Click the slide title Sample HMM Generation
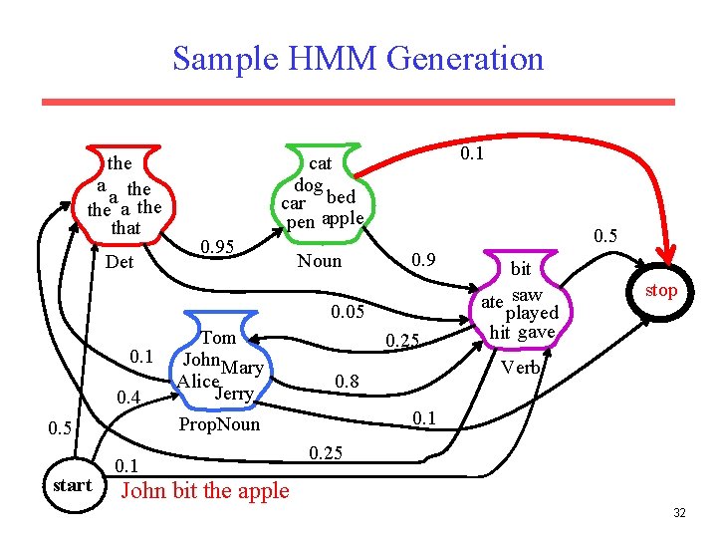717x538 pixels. pyautogui.click(x=358, y=58)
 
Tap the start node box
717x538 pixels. pyautogui.click(x=72, y=485)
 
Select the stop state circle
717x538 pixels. pyautogui.click(x=660, y=291)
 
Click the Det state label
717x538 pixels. pyautogui.click(x=119, y=263)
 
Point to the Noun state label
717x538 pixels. pyautogui.click(x=319, y=261)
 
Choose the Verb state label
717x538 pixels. pyautogui.click(x=520, y=368)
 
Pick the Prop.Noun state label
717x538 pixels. pyautogui.click(x=219, y=424)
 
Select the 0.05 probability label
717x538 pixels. pyautogui.click(x=350, y=314)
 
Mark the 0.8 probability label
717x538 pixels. pyautogui.click(x=347, y=382)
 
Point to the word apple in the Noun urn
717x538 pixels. pyautogui.click(x=343, y=219)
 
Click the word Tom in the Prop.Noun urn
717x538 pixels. pyautogui.click(x=219, y=339)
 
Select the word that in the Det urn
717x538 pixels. pyautogui.click(x=125, y=228)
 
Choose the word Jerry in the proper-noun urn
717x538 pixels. pyautogui.click(x=235, y=394)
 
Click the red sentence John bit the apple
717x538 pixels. pyautogui.click(x=204, y=490)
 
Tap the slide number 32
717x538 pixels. pyautogui.click(x=679, y=513)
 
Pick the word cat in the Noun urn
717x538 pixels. pyautogui.click(x=321, y=163)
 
